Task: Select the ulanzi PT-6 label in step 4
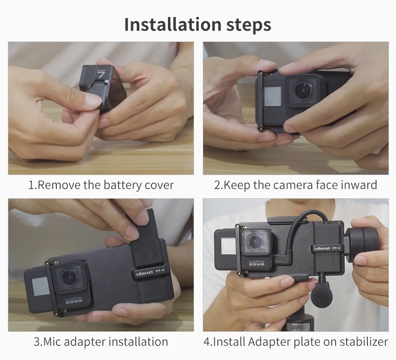point(327,248)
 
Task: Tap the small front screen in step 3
point(40,287)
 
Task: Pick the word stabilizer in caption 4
point(364,342)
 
